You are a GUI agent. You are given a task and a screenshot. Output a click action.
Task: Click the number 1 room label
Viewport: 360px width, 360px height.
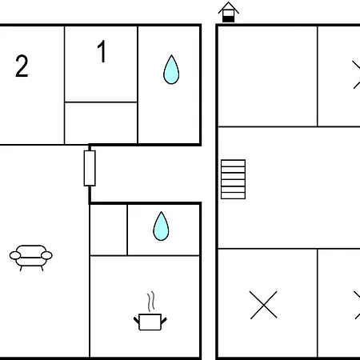pos(102,51)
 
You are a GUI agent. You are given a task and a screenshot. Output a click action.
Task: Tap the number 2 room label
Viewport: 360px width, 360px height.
pos(22,66)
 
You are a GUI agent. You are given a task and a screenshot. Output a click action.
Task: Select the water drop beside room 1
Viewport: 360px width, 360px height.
pos(171,70)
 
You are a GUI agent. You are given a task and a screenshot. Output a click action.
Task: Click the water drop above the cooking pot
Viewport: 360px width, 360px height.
pos(161,226)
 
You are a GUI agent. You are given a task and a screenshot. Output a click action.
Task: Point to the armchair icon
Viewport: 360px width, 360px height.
pos(31,258)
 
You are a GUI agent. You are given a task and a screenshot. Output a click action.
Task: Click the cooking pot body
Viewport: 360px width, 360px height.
pos(150,322)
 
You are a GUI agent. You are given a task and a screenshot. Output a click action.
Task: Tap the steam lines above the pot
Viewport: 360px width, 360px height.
pos(151,302)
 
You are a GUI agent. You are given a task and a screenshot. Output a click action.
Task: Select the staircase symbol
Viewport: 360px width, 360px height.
pos(233,179)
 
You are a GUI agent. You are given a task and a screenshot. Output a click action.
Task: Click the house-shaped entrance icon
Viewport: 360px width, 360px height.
pos(229,12)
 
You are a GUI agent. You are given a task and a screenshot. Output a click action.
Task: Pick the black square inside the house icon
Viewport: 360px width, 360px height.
pos(229,19)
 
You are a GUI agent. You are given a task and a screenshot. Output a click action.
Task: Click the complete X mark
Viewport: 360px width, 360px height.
pos(263,305)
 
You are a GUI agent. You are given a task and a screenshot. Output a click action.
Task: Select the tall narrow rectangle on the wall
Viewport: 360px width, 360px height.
pos(90,168)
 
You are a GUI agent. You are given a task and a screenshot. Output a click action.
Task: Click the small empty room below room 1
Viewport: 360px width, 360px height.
pos(101,123)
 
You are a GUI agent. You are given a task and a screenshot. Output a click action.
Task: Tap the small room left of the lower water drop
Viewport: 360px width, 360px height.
pos(109,230)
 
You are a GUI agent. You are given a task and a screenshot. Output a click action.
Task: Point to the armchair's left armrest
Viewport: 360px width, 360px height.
pos(15,255)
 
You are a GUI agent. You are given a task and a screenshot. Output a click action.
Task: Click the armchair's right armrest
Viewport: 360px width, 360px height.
pos(46,255)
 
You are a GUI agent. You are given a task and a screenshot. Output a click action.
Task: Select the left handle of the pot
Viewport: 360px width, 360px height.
pos(136,320)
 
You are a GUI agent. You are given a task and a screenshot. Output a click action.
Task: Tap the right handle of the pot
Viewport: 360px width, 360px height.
pos(164,321)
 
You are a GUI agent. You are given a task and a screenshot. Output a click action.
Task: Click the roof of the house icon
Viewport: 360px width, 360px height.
pos(229,7)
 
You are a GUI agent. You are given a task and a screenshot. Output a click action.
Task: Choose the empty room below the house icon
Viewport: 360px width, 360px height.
pos(267,76)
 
